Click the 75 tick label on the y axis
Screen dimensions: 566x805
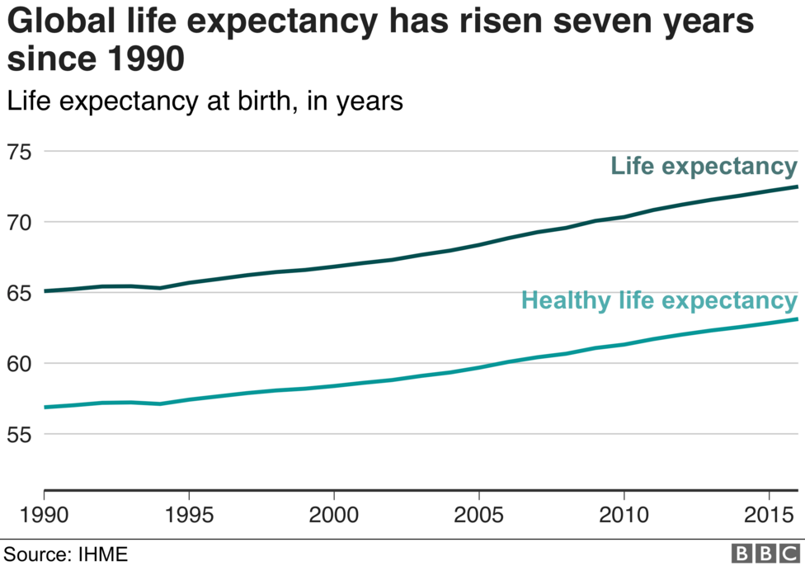click(x=19, y=152)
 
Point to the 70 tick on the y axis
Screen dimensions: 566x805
click(x=19, y=223)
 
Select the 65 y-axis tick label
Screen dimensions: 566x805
click(x=19, y=293)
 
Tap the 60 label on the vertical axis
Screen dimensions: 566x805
click(x=19, y=364)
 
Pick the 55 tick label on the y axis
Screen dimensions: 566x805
click(x=19, y=434)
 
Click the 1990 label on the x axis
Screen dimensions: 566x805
click(x=43, y=516)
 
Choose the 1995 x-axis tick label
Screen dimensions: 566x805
click(x=189, y=516)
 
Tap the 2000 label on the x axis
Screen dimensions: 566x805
click(x=334, y=516)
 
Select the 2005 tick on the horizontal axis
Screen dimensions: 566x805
click(x=479, y=516)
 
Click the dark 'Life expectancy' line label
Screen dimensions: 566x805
click(x=704, y=167)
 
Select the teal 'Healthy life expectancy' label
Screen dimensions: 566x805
click(x=659, y=300)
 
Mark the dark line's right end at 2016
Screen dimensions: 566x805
click(x=798, y=186)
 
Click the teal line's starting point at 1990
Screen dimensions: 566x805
click(x=44, y=407)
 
